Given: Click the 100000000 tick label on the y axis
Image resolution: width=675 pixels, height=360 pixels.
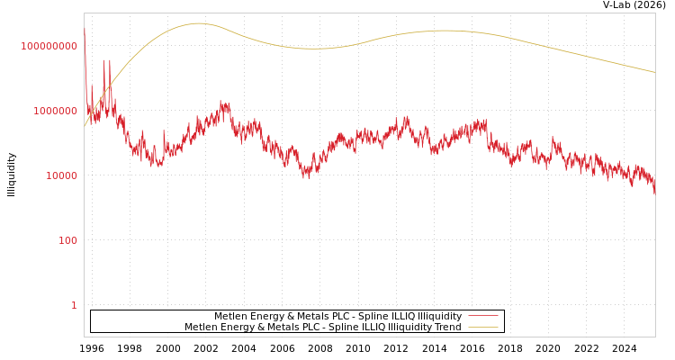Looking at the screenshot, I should [49, 46].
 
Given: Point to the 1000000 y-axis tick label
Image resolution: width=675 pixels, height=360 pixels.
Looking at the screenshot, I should [56, 111].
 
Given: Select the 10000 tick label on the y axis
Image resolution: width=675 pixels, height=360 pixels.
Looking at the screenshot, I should [62, 175].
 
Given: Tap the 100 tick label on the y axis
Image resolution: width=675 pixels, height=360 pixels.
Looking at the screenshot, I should [68, 240].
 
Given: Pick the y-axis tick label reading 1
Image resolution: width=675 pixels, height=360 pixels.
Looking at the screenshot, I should [74, 305].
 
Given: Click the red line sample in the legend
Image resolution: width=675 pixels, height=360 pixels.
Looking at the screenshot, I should [483, 317].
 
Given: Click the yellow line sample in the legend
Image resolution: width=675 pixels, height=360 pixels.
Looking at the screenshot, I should [483, 328].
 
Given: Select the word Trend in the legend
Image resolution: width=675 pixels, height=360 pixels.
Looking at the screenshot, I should [446, 328].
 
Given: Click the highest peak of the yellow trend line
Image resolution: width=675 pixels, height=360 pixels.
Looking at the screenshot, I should [199, 23].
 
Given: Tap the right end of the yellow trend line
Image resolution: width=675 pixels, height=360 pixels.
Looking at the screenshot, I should [654, 72].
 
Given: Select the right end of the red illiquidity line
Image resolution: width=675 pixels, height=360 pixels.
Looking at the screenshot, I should [654, 191].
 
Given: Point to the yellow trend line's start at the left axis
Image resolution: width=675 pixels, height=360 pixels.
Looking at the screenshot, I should [85, 126].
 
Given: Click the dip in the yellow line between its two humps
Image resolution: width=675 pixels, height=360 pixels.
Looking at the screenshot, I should [315, 49].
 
